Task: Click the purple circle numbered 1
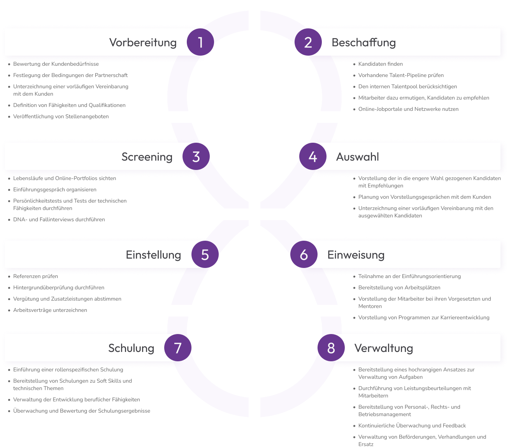(200, 42)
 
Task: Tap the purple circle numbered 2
(308, 42)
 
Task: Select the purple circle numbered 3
(196, 156)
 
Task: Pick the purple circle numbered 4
(313, 156)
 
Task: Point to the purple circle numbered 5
(205, 254)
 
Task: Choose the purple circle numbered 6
(304, 254)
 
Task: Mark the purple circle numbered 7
(178, 348)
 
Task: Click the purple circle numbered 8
(331, 348)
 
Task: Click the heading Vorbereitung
(143, 42)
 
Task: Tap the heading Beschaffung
(363, 42)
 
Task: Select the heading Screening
(147, 157)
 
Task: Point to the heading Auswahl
(357, 157)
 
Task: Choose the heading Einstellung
(153, 255)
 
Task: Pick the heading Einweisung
(356, 255)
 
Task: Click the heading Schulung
(131, 348)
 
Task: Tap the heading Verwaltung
(383, 348)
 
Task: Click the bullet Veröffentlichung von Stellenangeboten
(61, 117)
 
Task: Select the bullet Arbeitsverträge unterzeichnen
(50, 310)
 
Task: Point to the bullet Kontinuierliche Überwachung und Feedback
(412, 426)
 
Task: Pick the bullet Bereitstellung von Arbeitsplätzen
(399, 288)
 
